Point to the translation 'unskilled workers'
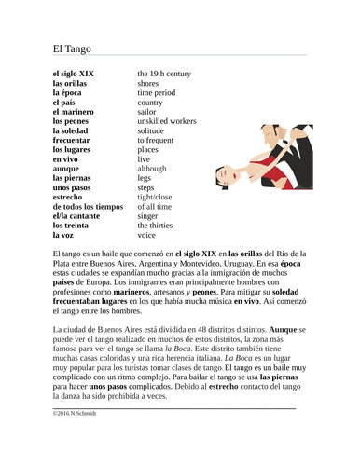tap(167, 120)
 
